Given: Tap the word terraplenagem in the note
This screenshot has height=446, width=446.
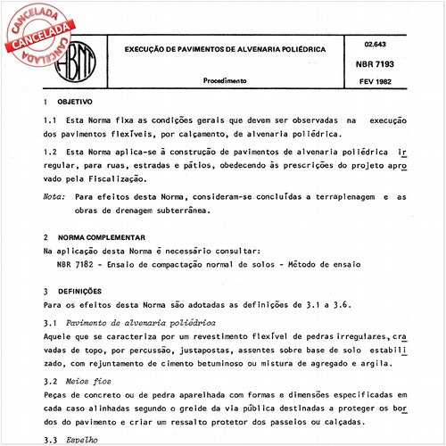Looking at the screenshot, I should (x=339, y=195).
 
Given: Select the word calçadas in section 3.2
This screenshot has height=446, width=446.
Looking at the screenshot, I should (x=386, y=420).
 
